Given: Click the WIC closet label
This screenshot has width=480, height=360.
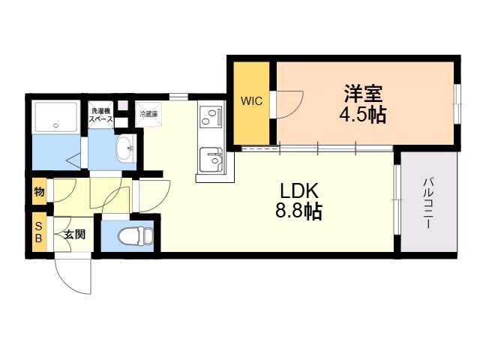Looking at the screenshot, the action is [251, 100].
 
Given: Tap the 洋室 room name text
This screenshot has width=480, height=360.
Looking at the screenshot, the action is [363, 93].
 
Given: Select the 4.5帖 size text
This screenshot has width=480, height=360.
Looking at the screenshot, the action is [363, 115].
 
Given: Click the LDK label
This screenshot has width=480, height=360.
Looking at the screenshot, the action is [299, 191].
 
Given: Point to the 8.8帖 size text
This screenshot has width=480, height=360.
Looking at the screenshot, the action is [298, 211].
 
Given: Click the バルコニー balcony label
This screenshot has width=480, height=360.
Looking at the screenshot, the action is [428, 204].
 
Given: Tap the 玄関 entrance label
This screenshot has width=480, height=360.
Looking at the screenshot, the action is [74, 235].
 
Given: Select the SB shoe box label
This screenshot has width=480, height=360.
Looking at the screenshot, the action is [38, 232].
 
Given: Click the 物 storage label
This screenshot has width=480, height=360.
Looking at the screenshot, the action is [39, 192].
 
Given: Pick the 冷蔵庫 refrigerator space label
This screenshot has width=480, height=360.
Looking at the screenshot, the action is [148, 115].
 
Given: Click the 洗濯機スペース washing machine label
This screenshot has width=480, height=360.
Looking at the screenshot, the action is [100, 115].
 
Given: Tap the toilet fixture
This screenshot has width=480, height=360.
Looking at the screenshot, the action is [136, 235].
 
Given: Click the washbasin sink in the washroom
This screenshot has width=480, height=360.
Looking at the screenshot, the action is [125, 148].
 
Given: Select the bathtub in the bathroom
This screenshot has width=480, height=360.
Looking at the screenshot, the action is [55, 117].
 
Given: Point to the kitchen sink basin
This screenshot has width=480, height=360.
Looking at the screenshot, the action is [211, 160].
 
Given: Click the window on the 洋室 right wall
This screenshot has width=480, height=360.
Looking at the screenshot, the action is [457, 104].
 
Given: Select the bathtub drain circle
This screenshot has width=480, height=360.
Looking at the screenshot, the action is [55, 125].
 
